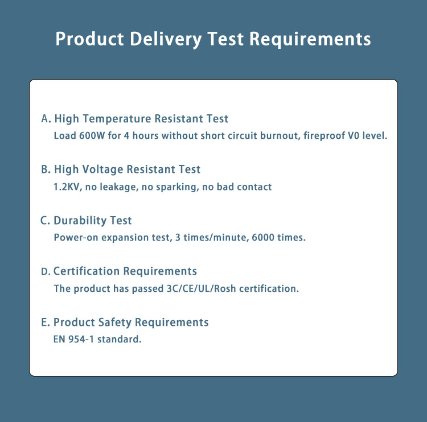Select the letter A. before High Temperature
(x=46, y=119)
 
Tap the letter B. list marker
(x=46, y=169)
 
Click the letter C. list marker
(x=46, y=221)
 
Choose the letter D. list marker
(x=46, y=271)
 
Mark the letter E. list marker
(x=46, y=322)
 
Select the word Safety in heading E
(x=114, y=322)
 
